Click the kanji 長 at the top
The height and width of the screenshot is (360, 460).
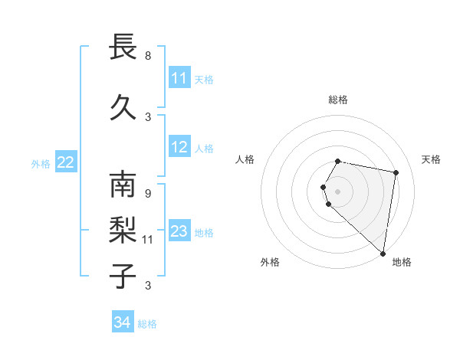point(123,47)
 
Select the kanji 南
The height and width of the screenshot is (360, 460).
point(123,185)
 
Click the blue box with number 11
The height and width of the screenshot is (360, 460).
point(179,78)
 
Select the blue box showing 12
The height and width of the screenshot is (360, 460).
point(179,147)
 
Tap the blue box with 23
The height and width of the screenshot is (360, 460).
point(179,231)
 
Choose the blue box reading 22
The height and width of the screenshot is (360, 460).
point(66,162)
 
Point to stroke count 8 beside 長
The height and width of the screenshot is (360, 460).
point(148,56)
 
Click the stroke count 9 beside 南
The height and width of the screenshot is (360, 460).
point(148,193)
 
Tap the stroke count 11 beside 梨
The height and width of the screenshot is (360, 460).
point(148,240)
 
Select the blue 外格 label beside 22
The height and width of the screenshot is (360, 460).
point(40,163)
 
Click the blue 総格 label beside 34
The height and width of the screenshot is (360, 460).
point(147,324)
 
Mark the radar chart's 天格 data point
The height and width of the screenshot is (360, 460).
point(396,173)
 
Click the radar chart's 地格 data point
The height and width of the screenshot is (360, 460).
point(382,253)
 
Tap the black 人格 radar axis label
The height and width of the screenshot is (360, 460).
point(245,159)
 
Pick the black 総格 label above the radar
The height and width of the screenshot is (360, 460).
point(338,100)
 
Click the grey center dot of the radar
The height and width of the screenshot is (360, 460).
point(338,190)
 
